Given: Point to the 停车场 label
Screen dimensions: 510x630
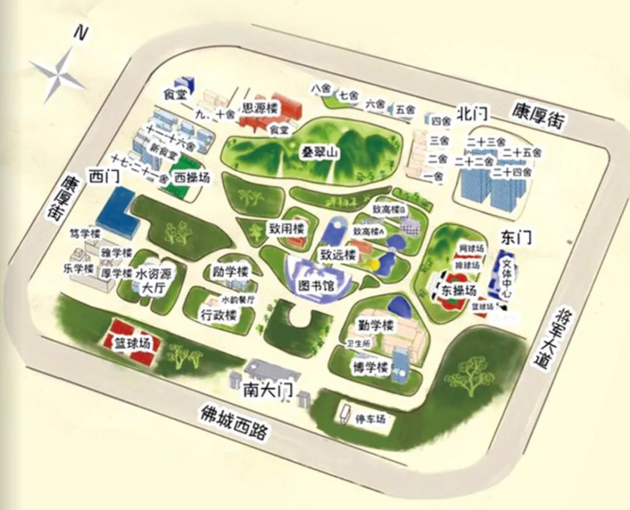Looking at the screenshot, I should [370, 419].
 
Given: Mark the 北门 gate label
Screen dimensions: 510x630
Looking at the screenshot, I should [472, 113].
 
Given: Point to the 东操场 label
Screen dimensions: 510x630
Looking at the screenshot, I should [459, 290].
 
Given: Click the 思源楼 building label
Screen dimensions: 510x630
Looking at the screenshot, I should [261, 107].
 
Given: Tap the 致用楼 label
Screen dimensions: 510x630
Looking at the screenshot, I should [287, 228].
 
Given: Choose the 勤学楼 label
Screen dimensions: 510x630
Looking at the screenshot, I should [377, 325].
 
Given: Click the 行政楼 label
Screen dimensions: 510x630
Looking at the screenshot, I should [219, 316].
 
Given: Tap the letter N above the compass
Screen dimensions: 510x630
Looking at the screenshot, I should [80, 33].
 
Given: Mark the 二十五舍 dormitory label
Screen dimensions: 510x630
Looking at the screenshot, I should [521, 153].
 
